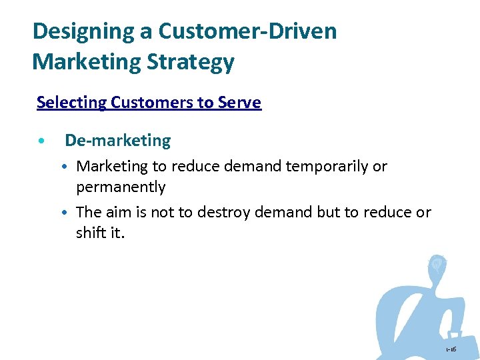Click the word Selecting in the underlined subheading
[x=71, y=103]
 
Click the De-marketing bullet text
[x=117, y=141]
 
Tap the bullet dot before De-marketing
[x=42, y=141]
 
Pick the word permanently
[x=121, y=187]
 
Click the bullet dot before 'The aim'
[x=69, y=213]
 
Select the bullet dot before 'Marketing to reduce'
[x=69, y=167]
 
